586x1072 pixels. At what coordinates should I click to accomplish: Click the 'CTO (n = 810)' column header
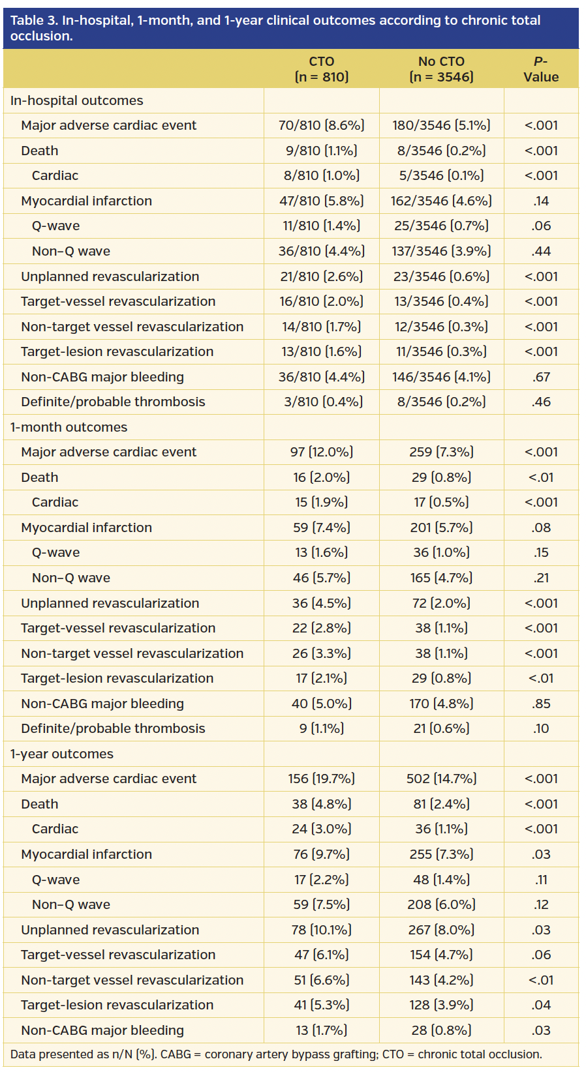tap(321, 69)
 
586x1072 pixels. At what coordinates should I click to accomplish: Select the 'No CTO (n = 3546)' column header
tap(441, 69)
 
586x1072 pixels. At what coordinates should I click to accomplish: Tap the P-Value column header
tap(540, 69)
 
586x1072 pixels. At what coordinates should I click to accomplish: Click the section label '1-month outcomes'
tap(69, 427)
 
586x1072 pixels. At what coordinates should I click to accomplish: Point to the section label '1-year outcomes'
tap(61, 754)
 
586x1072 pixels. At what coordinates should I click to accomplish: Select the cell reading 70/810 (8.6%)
tap(321, 125)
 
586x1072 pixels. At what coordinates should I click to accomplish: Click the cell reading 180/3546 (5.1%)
tap(441, 125)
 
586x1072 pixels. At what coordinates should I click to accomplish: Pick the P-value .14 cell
tap(540, 201)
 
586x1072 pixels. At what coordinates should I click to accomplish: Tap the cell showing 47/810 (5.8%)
tap(321, 201)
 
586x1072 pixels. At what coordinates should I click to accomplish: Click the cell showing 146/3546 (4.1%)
tap(441, 377)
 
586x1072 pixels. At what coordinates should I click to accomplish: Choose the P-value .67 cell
tap(540, 377)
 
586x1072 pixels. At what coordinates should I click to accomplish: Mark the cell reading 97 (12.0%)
tap(321, 452)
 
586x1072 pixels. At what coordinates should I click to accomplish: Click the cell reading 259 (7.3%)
tap(441, 452)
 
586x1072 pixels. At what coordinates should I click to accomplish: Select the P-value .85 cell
tap(540, 704)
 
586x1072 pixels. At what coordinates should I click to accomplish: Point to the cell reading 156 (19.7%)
tap(321, 779)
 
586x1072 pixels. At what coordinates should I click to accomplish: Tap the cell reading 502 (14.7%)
tap(441, 779)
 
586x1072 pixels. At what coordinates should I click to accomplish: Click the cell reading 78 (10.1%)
tap(321, 930)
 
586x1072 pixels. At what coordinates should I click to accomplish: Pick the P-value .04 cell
tap(540, 1005)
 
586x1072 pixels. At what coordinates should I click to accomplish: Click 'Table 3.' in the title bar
tap(34, 20)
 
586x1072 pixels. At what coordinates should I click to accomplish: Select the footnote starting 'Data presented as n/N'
tap(276, 1054)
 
